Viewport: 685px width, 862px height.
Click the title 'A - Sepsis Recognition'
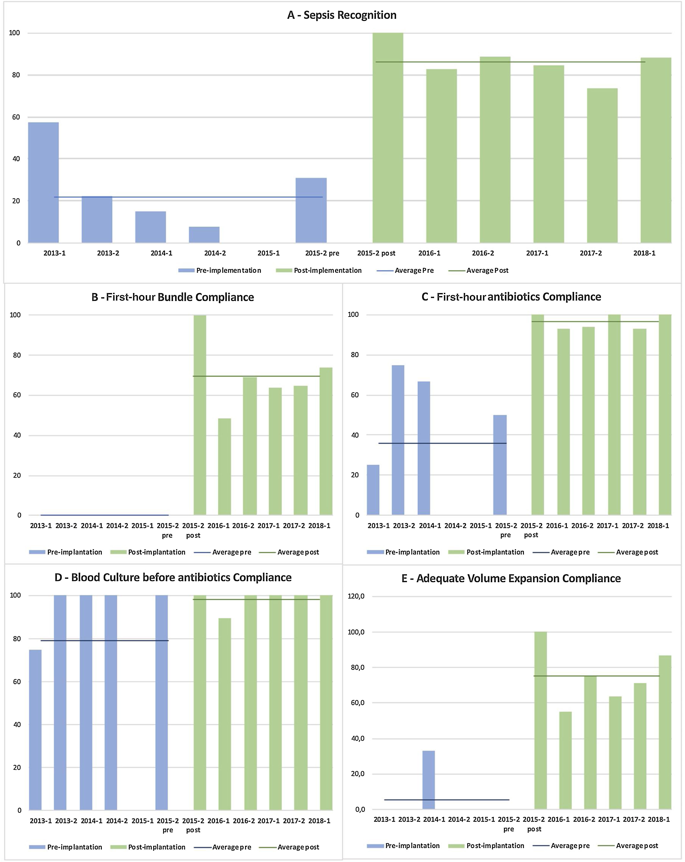pyautogui.click(x=342, y=15)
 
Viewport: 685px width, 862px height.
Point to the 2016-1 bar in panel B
pyautogui.click(x=224, y=466)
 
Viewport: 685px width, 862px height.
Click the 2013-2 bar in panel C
pyautogui.click(x=398, y=440)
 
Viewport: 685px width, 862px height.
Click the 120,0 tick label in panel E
pyautogui.click(x=356, y=596)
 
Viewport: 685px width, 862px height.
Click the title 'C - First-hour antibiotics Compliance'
pyautogui.click(x=511, y=297)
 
